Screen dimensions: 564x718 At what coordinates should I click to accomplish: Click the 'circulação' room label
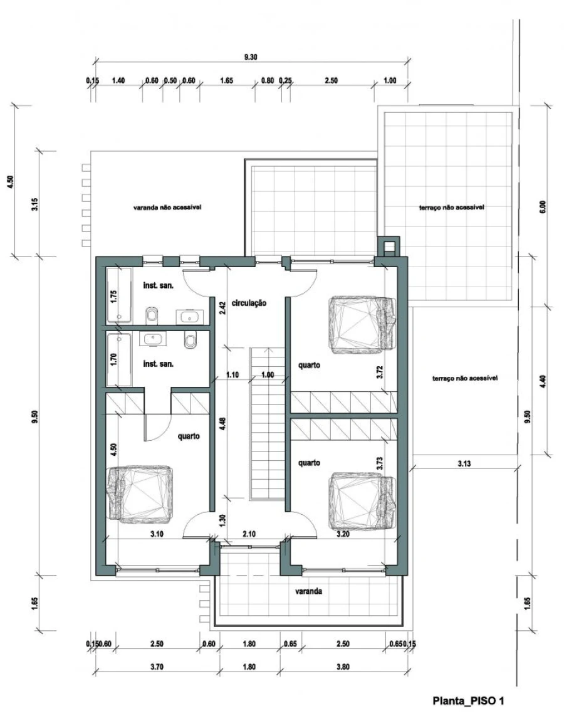249,303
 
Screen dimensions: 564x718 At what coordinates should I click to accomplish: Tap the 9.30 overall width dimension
251,57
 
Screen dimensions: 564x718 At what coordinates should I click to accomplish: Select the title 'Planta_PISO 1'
468,700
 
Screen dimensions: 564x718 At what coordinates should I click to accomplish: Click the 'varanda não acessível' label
167,208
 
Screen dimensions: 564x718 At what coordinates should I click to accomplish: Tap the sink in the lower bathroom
152,339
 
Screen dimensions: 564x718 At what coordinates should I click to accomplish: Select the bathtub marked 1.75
120,296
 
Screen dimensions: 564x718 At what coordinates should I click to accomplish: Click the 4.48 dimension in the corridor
222,423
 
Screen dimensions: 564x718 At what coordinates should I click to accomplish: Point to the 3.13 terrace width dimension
464,464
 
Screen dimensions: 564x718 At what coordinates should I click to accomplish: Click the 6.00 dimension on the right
543,207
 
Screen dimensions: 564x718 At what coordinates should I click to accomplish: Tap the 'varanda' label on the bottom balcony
308,591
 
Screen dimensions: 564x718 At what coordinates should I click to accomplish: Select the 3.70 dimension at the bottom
157,667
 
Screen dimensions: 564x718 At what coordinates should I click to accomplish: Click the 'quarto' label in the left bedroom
189,436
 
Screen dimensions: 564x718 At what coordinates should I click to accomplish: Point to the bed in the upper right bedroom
363,325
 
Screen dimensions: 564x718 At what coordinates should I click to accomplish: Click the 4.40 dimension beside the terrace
543,382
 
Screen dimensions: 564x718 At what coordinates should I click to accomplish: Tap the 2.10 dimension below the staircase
249,534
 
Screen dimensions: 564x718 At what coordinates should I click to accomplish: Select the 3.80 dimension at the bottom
343,667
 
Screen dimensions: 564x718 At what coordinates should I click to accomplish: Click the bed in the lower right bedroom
363,502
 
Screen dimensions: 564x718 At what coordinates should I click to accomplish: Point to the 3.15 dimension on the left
35,204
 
